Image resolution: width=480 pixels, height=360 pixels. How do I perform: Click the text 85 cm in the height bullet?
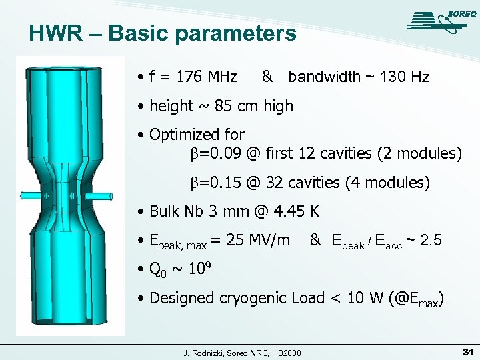[x=229, y=106]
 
